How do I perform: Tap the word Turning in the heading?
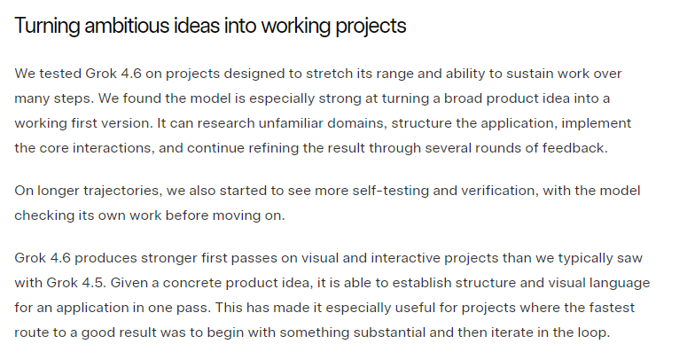coord(47,27)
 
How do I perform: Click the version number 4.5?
coord(94,282)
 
